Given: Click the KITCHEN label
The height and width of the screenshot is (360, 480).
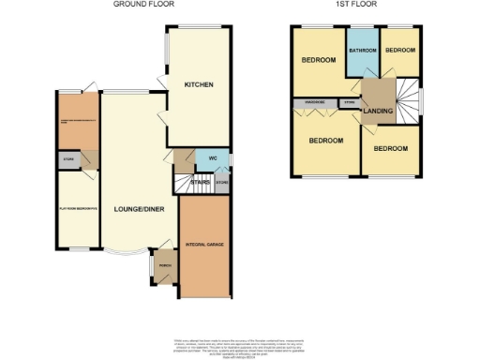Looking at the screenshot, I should tap(198, 84).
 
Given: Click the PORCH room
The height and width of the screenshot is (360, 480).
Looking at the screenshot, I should tap(164, 265).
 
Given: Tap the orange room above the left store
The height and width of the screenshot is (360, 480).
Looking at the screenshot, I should tap(78, 122).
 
